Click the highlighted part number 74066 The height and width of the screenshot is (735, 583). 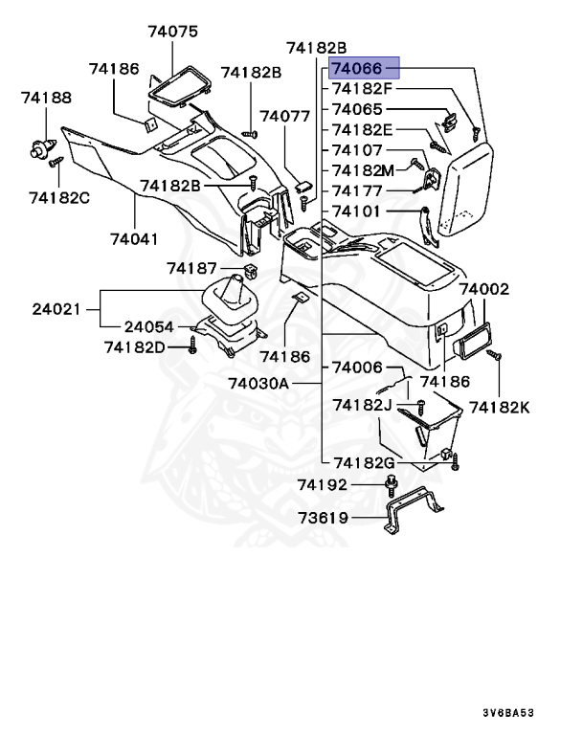pos(363,70)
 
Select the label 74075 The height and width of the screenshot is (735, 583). pos(172,32)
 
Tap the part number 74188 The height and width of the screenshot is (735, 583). pos(47,98)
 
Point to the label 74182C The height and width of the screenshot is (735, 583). pos(58,197)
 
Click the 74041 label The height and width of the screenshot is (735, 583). pos(133,237)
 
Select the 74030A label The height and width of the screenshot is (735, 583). pos(258,383)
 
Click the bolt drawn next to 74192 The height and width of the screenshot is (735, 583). pos(392,486)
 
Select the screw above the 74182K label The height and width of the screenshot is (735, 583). pos(495,355)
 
